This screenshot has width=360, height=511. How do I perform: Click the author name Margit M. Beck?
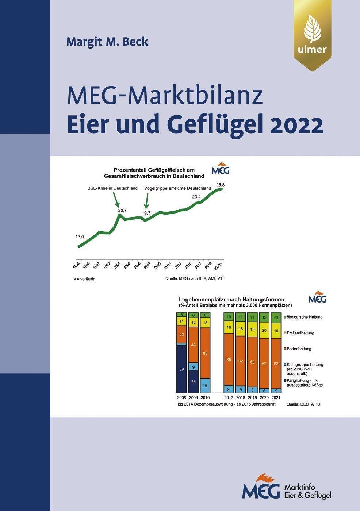(x=107, y=42)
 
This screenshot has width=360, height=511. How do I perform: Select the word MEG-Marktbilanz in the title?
(x=165, y=96)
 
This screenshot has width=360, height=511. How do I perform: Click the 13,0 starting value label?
(x=80, y=237)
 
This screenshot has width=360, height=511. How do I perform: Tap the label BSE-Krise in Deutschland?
(x=112, y=188)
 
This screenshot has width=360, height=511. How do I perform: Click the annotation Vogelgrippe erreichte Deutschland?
(x=178, y=188)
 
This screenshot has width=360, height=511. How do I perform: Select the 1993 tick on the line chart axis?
(x=77, y=265)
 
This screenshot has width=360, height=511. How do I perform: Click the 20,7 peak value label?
(x=122, y=210)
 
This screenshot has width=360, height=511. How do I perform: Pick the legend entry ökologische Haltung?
(x=305, y=317)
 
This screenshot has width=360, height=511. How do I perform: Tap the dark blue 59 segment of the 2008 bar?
(x=181, y=369)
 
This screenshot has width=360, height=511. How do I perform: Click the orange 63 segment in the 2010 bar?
(x=205, y=353)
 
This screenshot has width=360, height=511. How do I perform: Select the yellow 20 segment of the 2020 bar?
(x=264, y=330)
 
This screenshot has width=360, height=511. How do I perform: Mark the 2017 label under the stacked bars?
(x=229, y=397)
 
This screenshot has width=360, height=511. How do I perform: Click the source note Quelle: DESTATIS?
(x=303, y=404)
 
